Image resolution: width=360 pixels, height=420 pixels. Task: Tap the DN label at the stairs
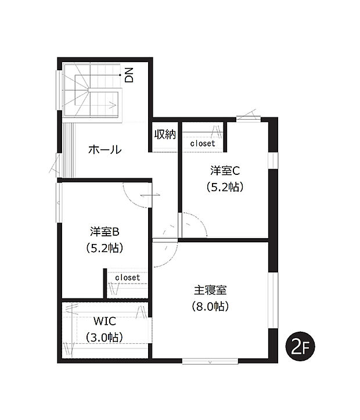[129, 75]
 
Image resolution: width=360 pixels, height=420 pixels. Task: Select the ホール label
[105, 150]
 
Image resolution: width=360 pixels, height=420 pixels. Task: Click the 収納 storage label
[165, 134]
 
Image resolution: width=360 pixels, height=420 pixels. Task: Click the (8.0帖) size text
[211, 306]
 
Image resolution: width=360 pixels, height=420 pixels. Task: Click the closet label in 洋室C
[202, 143]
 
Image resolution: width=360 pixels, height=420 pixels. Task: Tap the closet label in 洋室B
[127, 278]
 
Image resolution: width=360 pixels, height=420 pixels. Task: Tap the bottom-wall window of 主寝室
[210, 361]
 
